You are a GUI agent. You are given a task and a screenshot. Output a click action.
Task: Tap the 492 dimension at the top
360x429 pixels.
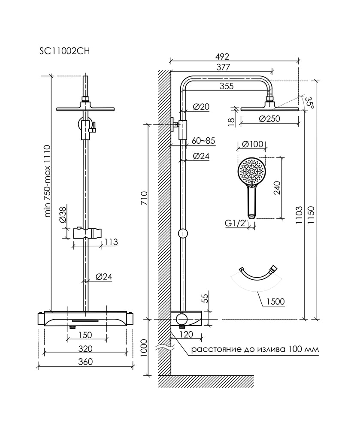click(222, 57)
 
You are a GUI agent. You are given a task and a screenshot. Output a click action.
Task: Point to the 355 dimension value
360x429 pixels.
click(226, 86)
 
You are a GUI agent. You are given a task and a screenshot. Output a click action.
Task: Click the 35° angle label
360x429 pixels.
click(310, 103)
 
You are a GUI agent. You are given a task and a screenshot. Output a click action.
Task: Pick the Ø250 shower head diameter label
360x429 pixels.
click(270, 120)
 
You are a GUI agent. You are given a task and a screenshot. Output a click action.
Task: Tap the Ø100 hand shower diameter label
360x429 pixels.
click(251, 145)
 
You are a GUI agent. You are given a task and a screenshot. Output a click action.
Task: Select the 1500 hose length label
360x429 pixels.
click(275, 302)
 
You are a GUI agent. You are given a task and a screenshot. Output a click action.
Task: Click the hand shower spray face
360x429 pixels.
click(252, 172)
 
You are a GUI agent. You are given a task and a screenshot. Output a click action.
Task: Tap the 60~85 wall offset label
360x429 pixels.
click(203, 141)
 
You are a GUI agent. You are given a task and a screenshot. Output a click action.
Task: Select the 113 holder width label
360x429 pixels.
click(110, 242)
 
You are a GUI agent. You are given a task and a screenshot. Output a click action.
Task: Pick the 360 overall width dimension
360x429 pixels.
click(86, 362)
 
